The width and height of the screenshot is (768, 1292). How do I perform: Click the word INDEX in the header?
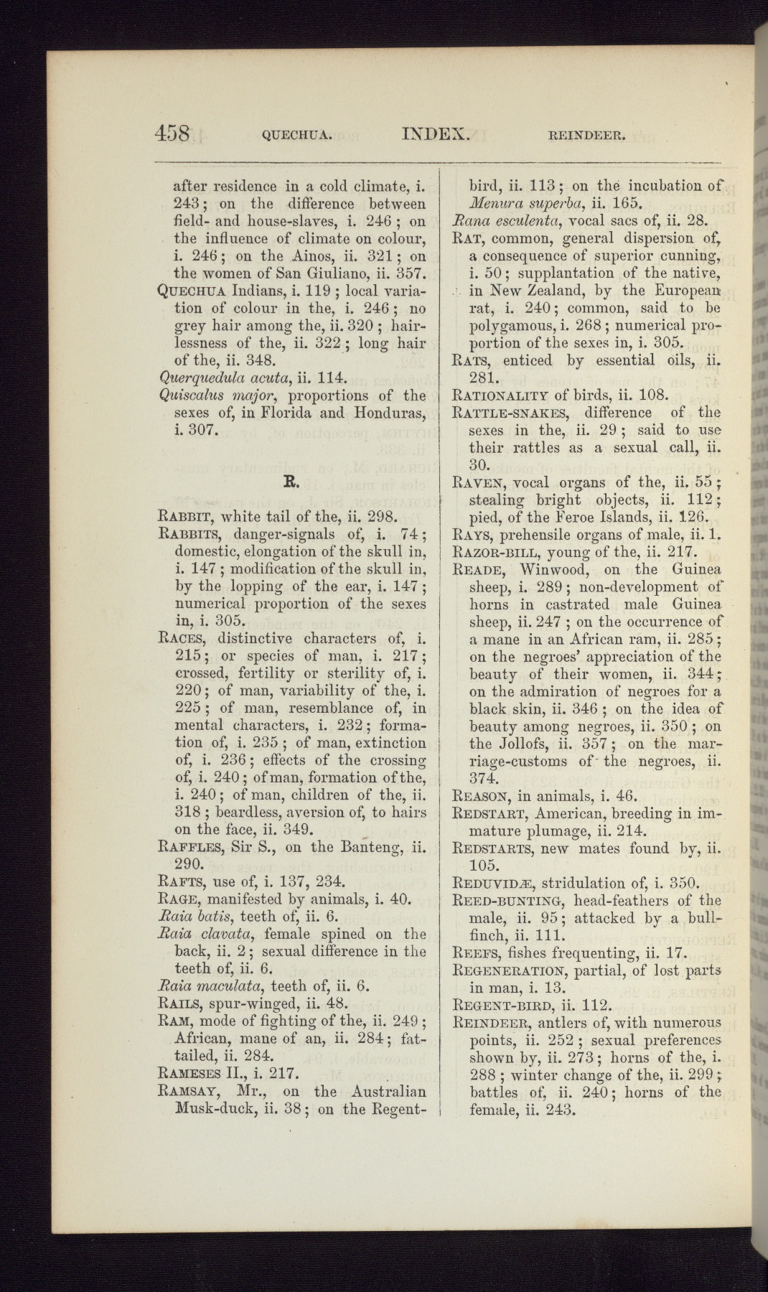pos(436,134)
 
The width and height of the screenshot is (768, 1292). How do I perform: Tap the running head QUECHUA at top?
pos(296,134)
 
